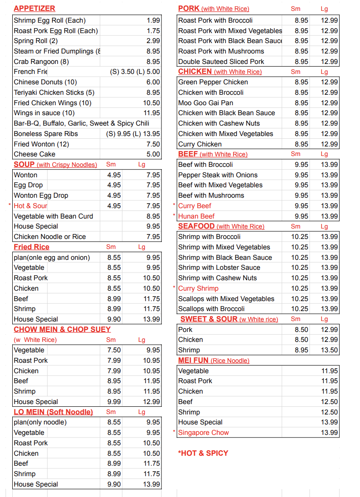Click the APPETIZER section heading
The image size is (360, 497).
[34, 8]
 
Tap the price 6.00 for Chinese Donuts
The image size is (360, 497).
[153, 82]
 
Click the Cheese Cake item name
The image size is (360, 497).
[34, 154]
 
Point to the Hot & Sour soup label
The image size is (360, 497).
[30, 206]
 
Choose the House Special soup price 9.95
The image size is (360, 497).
[153, 226]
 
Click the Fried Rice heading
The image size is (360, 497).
[31, 247]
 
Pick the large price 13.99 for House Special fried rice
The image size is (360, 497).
[151, 319]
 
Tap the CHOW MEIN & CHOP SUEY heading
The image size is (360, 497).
[62, 330]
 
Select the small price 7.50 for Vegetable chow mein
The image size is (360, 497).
[114, 350]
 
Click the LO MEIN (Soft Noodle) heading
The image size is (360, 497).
[53, 412]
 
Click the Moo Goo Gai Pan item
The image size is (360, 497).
[205, 103]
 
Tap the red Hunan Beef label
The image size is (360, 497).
[196, 216]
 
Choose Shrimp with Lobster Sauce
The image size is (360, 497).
[219, 268]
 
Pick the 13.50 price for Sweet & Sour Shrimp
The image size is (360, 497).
[329, 350]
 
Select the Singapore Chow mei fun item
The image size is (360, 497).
[204, 433]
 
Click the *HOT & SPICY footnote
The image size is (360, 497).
[203, 453]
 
